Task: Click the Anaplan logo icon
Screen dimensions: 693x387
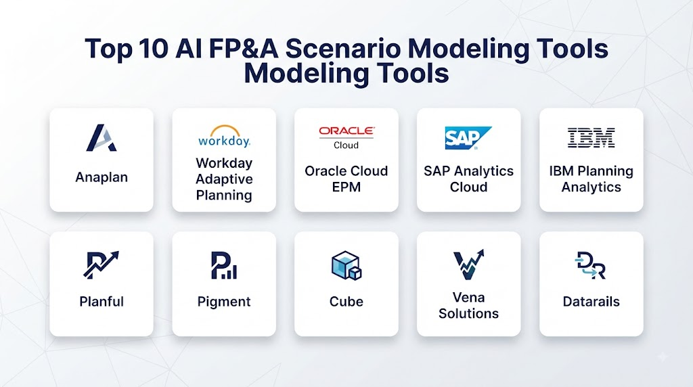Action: [x=102, y=138]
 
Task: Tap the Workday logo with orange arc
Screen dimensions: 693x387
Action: [x=224, y=136]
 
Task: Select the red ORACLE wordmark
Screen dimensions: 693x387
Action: [x=346, y=131]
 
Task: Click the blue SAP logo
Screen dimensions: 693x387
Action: [x=468, y=138]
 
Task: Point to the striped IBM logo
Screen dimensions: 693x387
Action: [x=591, y=137]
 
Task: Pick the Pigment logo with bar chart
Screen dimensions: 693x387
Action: [x=223, y=265]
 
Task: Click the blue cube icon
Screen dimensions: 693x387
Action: [x=346, y=265]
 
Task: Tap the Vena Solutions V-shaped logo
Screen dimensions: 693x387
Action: [x=468, y=264]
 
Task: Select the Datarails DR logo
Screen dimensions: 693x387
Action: [x=590, y=265]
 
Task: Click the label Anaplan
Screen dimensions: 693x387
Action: [x=102, y=177]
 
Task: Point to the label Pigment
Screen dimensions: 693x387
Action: [x=223, y=302]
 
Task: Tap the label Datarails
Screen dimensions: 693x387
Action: [x=591, y=302]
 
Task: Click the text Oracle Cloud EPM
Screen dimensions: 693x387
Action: [x=346, y=179]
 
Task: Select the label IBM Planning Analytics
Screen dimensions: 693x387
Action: [x=591, y=179]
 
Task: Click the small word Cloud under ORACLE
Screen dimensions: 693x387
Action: [x=346, y=145]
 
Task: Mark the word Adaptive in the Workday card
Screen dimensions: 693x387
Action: [x=224, y=179]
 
